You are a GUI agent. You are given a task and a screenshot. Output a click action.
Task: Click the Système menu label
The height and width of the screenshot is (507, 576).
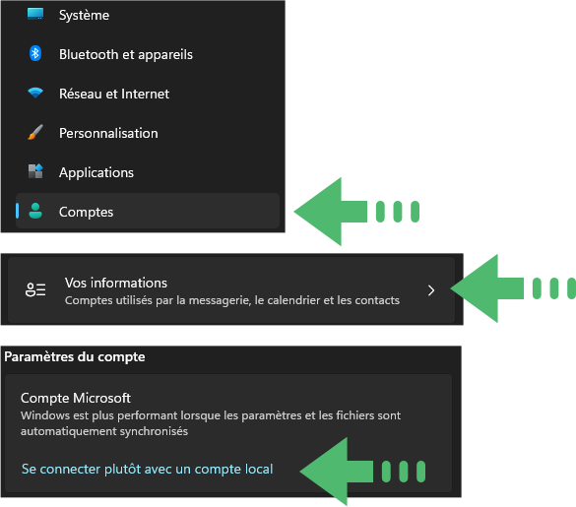coord(84,16)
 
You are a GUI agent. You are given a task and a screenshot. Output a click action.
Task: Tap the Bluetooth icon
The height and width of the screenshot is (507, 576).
coord(35,53)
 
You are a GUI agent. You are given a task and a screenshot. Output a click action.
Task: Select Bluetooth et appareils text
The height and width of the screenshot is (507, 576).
coord(126,55)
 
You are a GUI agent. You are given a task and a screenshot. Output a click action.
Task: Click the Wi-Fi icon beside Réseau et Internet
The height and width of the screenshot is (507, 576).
coord(35,93)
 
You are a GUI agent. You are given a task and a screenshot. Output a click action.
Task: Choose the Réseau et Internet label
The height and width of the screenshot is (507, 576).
coord(114,95)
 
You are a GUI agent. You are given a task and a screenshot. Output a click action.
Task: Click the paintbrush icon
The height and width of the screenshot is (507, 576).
coord(35,132)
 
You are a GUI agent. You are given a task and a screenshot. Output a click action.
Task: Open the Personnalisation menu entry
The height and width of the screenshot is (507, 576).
coord(108,133)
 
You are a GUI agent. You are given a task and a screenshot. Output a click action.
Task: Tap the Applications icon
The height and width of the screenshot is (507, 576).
coord(35,171)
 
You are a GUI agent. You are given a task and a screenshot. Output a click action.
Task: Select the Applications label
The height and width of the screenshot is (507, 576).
coord(96,173)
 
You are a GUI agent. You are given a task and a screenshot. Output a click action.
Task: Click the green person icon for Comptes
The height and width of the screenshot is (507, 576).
coord(35,211)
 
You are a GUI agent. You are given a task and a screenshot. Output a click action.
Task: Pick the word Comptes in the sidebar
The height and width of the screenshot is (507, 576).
coord(86,213)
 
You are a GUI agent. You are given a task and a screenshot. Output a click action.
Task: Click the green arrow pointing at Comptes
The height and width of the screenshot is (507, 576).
coord(356,212)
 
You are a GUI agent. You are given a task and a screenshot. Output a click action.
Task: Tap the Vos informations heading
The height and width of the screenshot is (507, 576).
coord(116,283)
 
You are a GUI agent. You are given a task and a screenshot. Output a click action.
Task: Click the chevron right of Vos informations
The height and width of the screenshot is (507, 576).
coord(431,290)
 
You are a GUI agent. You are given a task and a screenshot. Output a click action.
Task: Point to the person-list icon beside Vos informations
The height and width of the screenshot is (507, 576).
coord(35,289)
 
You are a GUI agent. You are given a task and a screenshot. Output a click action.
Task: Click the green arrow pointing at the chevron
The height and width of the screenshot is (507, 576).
coord(513,288)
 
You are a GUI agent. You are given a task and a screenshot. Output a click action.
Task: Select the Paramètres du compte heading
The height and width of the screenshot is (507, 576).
coord(75,357)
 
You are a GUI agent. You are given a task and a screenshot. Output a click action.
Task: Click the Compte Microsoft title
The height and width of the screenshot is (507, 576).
coord(76,399)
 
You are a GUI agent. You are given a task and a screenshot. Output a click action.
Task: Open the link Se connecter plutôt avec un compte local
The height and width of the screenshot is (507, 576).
coord(148,470)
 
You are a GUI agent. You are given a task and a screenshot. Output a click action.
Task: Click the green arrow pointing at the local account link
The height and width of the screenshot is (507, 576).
coord(362,472)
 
